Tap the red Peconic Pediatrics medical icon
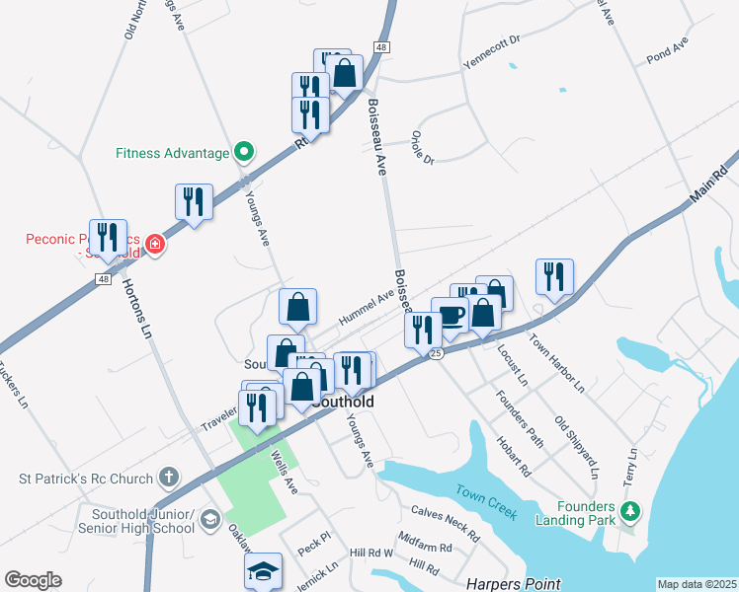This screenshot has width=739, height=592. coord(154,245)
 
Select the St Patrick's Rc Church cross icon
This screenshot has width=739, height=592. coord(169,479)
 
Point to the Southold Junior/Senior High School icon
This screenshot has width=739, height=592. coord(208,520)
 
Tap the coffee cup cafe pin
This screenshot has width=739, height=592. coord(451,316)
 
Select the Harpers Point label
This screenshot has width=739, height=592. coord(514,584)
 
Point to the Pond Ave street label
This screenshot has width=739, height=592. coord(666,50)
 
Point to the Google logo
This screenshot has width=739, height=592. coord(33,580)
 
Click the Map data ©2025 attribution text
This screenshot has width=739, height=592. coord(696,584)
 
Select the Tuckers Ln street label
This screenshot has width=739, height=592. coord(15,388)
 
